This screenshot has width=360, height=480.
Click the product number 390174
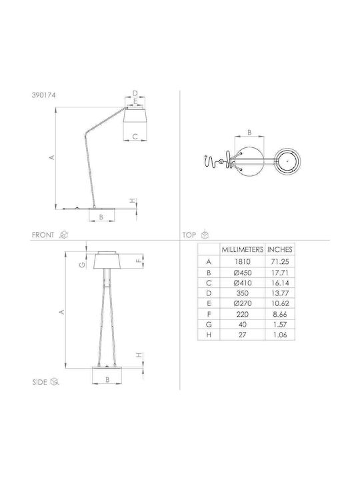coord(44,95)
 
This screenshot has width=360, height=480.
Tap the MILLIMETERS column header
coord(243,249)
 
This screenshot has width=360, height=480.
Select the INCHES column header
coord(280,249)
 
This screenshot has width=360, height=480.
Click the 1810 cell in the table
coord(243,262)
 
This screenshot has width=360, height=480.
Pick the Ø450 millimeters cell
coord(243,273)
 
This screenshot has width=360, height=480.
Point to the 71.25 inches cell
coord(280,262)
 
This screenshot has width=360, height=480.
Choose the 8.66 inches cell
coord(280,314)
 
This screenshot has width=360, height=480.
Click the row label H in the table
coord(209,335)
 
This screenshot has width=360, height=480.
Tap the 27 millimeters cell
coord(243,335)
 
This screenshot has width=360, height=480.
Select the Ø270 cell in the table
coord(243,303)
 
